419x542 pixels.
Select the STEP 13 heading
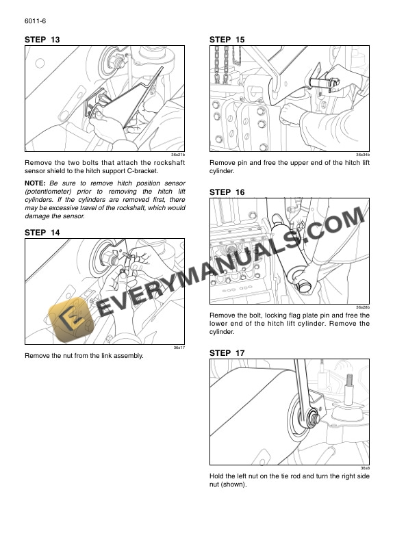[x=42, y=40]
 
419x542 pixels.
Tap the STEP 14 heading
[x=42, y=233]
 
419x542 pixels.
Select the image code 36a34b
[x=362, y=155]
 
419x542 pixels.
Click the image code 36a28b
[x=362, y=307]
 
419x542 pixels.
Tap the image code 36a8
[x=365, y=468]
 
